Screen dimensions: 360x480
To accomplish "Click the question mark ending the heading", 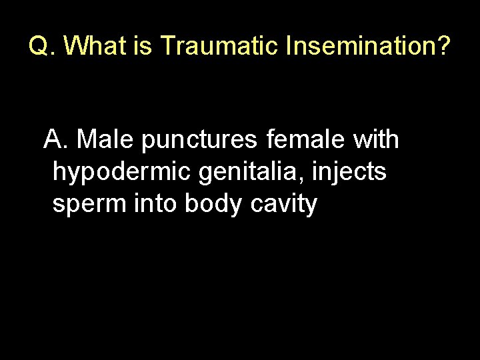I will pyautogui.click(x=443, y=46).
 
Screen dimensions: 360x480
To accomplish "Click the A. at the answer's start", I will pyautogui.click(x=57, y=140).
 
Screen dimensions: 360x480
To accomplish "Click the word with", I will pyautogui.click(x=377, y=140).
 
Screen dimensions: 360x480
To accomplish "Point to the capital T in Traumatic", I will pyautogui.click(x=167, y=46).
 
